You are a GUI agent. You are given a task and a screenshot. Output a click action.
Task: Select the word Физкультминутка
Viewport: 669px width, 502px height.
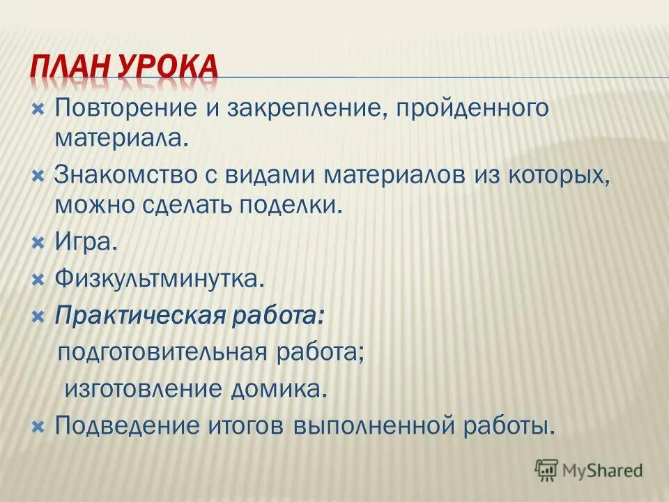[160, 280]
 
